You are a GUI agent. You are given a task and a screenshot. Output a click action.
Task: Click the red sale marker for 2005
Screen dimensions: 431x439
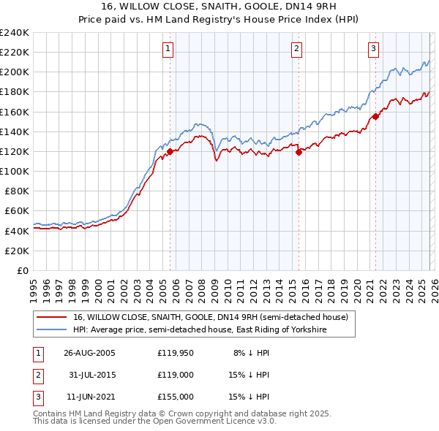(170, 152)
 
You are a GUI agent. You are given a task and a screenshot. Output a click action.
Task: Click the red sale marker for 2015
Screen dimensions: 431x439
(299, 153)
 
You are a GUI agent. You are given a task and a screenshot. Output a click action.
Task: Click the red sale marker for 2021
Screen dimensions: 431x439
(375, 116)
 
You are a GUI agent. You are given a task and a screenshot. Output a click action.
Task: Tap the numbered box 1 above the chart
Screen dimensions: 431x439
(168, 49)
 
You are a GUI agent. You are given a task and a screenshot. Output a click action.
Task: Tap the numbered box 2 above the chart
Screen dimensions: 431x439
(296, 49)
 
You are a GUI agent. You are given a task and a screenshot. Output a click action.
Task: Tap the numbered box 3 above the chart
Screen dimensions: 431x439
(373, 49)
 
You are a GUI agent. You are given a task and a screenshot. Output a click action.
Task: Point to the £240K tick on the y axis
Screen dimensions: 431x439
(15, 33)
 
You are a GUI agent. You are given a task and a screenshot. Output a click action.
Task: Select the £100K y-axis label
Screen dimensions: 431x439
(15, 171)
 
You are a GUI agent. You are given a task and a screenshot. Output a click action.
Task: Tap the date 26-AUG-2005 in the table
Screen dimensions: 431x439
(89, 352)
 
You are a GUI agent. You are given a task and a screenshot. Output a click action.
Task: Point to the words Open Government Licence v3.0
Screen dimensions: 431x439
(217, 422)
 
